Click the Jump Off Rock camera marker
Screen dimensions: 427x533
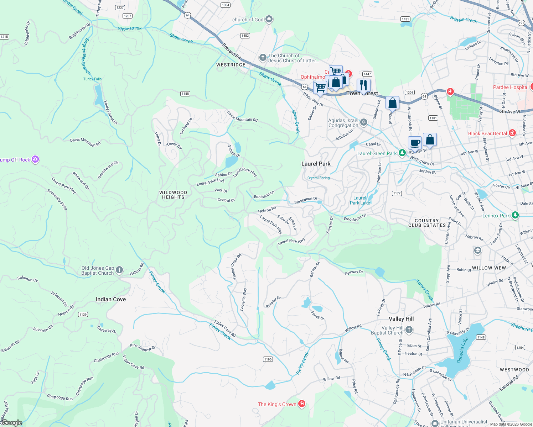(x=35, y=159)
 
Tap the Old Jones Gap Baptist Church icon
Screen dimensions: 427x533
(x=119, y=270)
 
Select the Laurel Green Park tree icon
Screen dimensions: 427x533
(x=402, y=153)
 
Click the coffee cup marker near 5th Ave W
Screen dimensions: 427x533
(x=415, y=143)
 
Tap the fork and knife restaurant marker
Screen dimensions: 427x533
(x=363, y=85)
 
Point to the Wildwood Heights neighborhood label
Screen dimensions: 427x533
(x=173, y=195)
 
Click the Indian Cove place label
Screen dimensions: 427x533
(x=111, y=299)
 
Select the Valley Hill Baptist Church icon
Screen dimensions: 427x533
(x=409, y=330)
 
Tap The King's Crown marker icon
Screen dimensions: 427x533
(x=302, y=404)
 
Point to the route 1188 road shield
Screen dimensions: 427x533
(x=185, y=94)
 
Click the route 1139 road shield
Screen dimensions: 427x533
(x=83, y=314)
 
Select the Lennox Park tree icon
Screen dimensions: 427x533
(x=515, y=215)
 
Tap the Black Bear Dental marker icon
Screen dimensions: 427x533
(x=512, y=133)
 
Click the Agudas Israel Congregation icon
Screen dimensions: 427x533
(x=364, y=122)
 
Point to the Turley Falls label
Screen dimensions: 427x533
(x=92, y=79)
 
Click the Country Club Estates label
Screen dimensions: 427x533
(x=427, y=223)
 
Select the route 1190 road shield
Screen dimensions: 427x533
(x=268, y=359)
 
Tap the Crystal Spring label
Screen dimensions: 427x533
(x=319, y=178)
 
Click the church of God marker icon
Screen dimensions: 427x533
(x=269, y=19)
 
